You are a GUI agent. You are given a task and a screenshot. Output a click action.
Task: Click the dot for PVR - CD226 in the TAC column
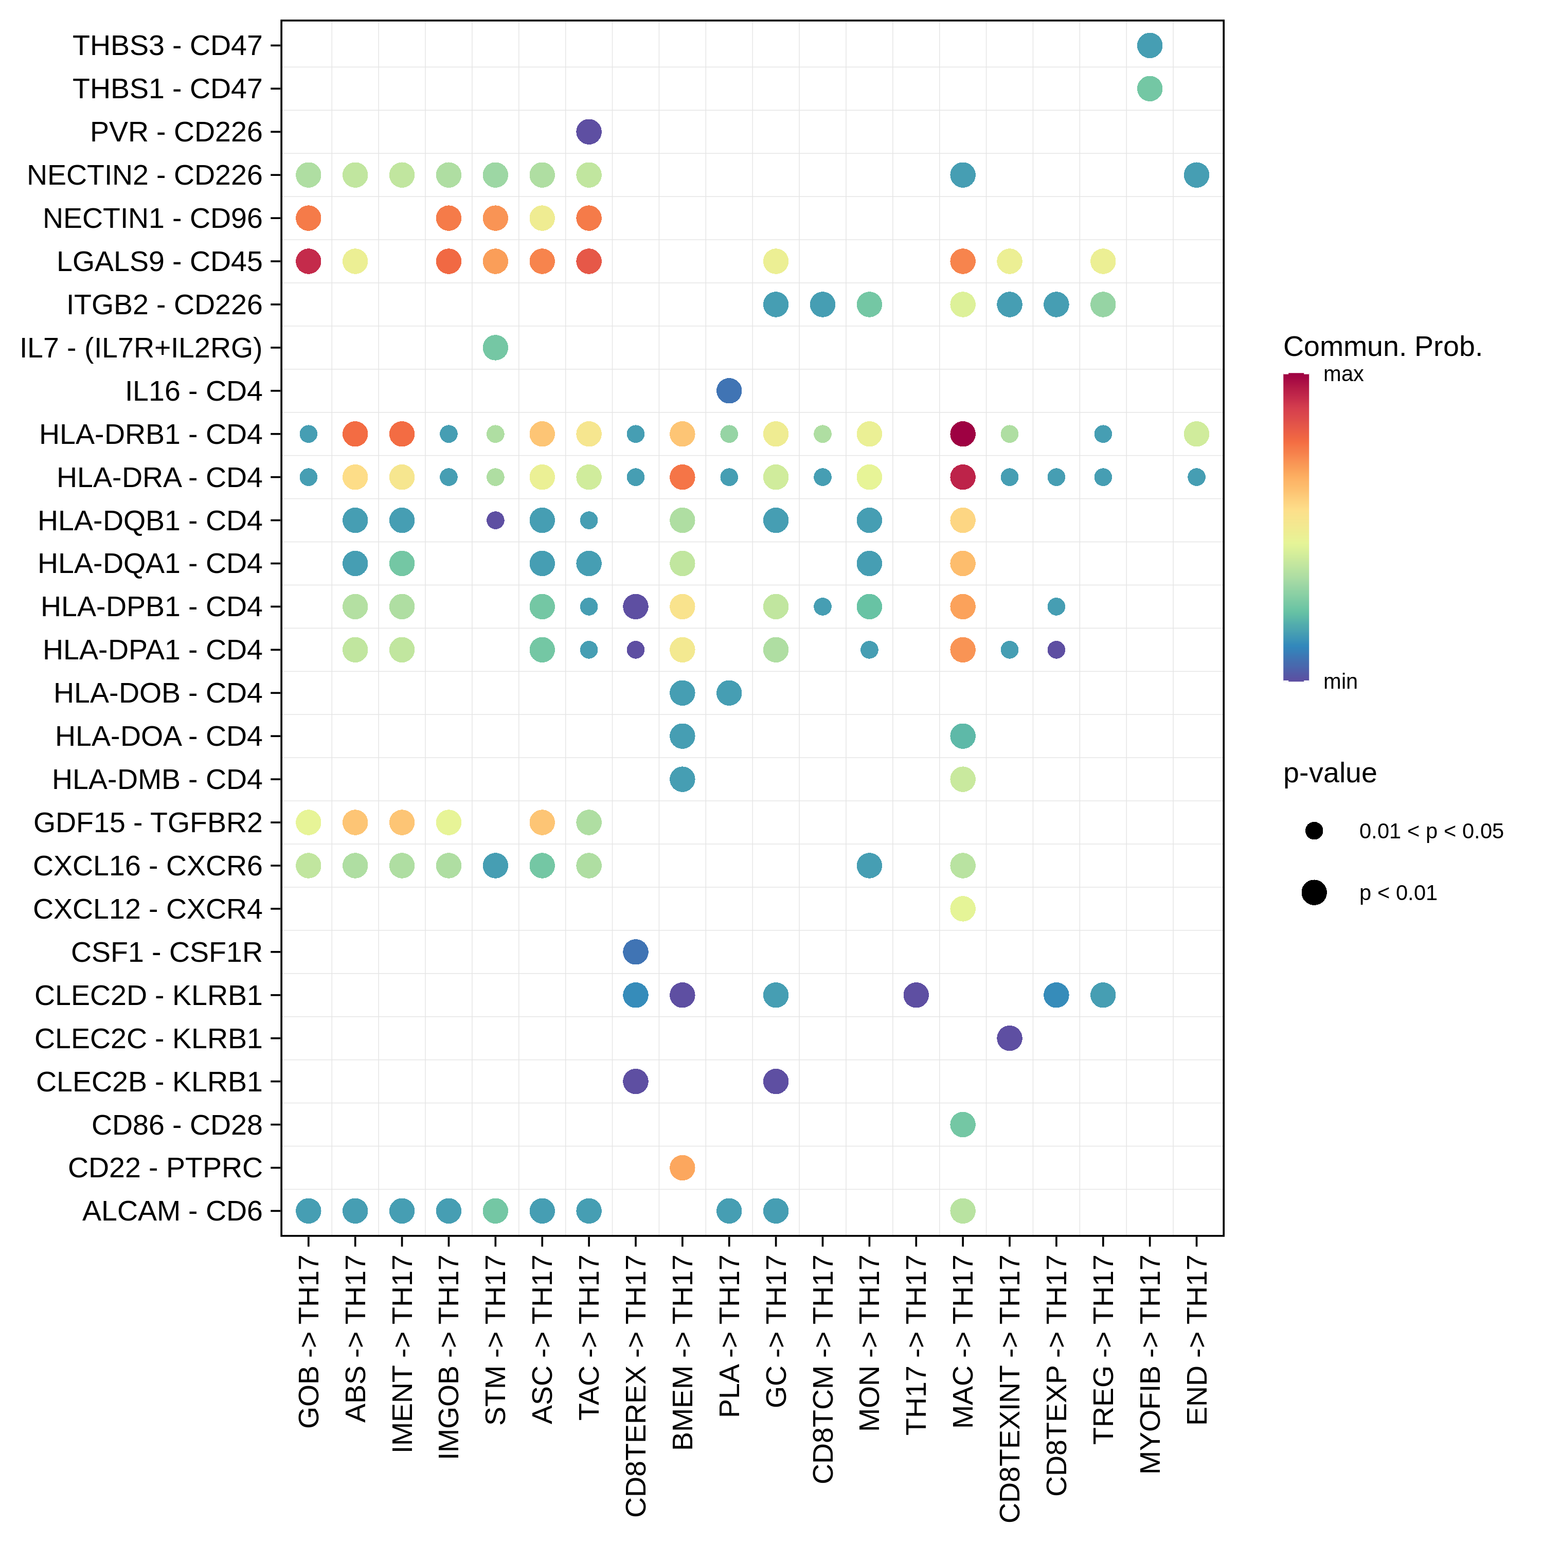588,132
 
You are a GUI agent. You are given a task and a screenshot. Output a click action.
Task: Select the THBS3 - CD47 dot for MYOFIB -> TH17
1149,46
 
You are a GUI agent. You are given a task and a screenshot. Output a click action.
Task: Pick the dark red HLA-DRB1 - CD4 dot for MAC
962,434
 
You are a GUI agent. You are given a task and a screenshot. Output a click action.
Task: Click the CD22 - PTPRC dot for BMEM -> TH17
682,1168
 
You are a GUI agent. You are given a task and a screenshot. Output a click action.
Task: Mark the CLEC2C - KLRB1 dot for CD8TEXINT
1010,1038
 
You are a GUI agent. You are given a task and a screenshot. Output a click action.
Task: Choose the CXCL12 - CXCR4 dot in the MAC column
962,909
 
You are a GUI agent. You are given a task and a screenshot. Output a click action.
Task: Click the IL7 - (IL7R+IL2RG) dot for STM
495,347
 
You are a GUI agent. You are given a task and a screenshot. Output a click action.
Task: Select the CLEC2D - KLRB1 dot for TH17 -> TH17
916,995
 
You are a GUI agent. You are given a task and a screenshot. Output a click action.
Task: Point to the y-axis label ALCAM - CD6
172,1211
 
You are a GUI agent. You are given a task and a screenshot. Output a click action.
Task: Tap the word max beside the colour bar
1343,374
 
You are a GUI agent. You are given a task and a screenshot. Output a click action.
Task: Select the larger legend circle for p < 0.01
1314,893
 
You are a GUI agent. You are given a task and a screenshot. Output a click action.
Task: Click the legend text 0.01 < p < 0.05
1430,831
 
